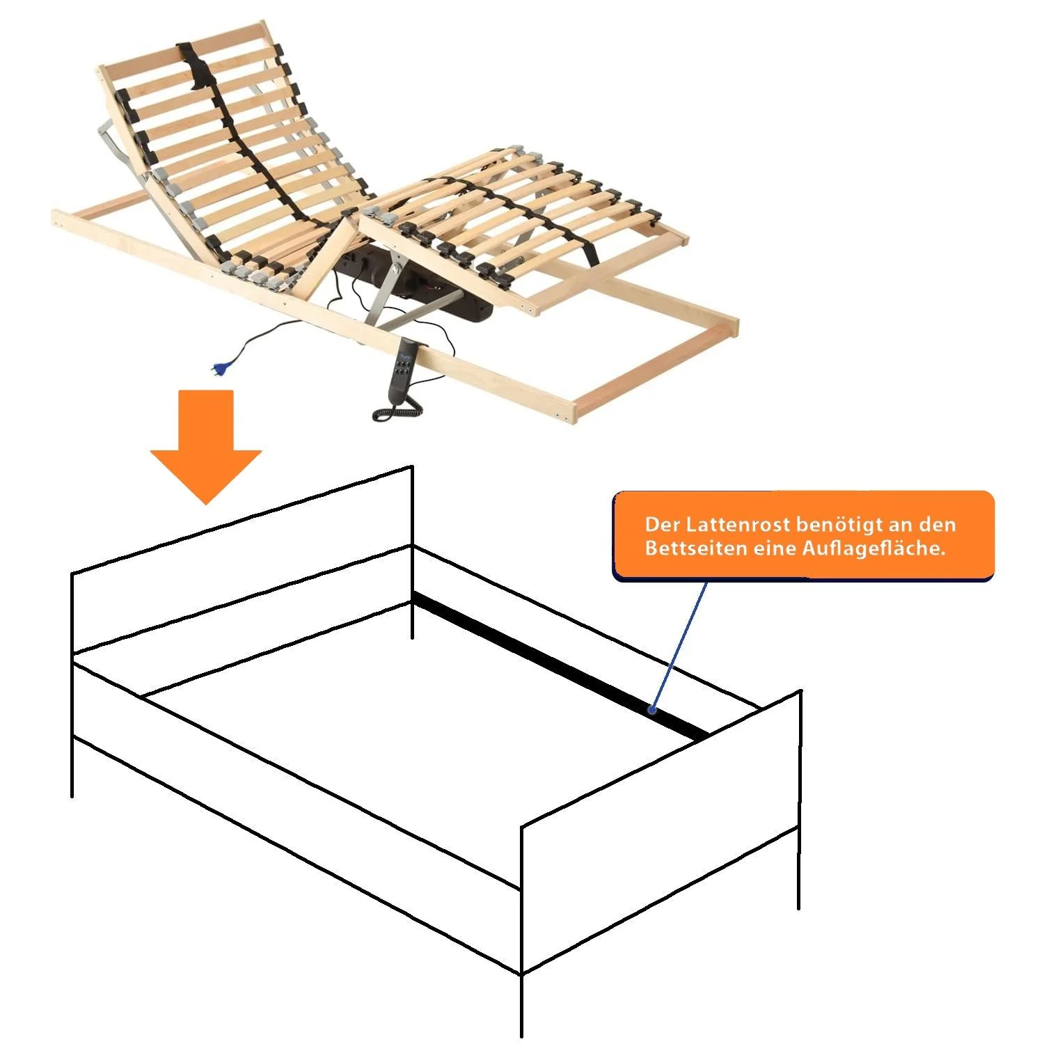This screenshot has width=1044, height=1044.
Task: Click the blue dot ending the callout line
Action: [x=652, y=710]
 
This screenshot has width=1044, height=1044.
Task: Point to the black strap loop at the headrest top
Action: [x=197, y=66]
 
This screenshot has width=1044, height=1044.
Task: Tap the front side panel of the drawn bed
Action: [x=296, y=818]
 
